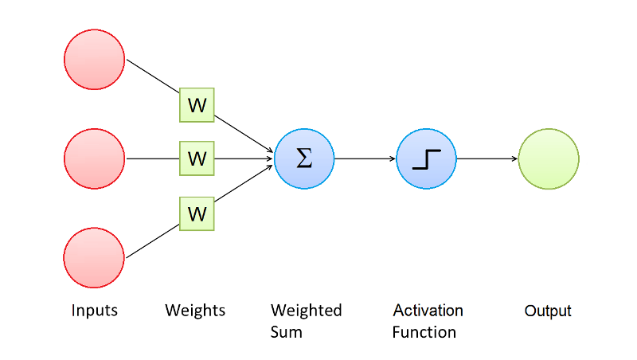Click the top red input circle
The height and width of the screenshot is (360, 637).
(95, 60)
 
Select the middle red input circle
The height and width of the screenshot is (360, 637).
(95, 158)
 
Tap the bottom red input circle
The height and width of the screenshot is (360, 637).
(95, 258)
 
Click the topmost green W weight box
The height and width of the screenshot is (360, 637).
(197, 104)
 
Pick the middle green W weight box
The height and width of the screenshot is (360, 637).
(197, 158)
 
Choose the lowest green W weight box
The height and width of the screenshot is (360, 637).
(197, 213)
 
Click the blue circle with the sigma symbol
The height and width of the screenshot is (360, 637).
(304, 158)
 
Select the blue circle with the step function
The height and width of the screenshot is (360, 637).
(426, 158)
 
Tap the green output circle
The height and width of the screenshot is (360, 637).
(549, 158)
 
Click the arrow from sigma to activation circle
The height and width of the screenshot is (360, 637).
(365, 158)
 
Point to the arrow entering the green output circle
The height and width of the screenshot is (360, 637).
(487, 158)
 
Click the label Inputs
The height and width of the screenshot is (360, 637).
(95, 311)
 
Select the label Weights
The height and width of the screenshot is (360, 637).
(195, 311)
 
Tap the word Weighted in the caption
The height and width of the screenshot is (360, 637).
(306, 311)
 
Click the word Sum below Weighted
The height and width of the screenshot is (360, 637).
(287, 331)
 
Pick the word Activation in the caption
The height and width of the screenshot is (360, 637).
(428, 311)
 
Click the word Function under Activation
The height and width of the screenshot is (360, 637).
(424, 331)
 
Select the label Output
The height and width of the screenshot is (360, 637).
(548, 311)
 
